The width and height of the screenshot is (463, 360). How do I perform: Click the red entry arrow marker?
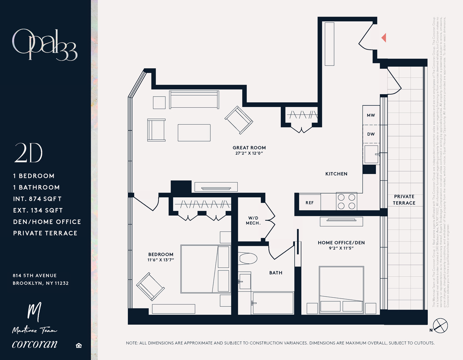[384, 37]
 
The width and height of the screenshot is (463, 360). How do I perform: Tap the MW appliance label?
[371, 115]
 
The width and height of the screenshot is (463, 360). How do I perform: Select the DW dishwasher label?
[371, 134]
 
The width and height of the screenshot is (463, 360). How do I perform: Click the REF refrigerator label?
[310, 203]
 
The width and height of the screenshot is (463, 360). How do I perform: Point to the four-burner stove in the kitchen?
[346, 202]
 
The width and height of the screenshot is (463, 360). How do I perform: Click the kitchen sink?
[372, 154]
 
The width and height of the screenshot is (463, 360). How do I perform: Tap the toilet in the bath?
[248, 258]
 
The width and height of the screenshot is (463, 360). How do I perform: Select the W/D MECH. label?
[253, 221]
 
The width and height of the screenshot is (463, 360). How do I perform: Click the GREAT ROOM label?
[249, 148]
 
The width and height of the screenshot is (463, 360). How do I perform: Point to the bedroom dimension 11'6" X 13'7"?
[161, 260]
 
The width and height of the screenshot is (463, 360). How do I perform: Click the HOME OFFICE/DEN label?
[341, 243]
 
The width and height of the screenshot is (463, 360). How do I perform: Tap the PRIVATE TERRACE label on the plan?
[404, 200]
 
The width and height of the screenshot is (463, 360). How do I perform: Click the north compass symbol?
[440, 326]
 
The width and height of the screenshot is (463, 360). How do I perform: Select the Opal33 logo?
[45, 45]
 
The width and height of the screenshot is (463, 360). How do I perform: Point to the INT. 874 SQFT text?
[37, 199]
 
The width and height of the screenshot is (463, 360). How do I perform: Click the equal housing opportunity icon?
[79, 346]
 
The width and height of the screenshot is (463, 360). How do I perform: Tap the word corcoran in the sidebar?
[35, 344]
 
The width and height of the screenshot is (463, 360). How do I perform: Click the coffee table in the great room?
[194, 133]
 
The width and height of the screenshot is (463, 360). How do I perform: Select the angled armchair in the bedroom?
[150, 286]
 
